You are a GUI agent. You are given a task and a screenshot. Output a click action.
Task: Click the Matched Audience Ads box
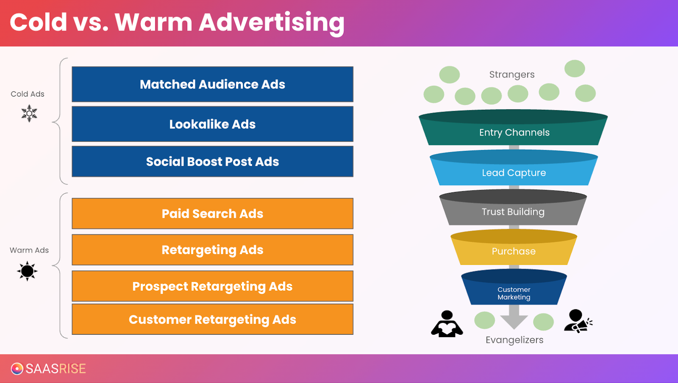click(x=212, y=84)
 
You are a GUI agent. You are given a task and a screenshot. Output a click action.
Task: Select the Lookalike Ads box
click(x=212, y=124)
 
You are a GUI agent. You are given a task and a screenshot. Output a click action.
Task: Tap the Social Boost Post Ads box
click(x=212, y=161)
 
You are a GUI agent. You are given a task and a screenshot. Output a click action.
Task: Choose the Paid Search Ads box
click(x=212, y=214)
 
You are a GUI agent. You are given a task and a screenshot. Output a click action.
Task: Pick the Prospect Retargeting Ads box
click(x=212, y=286)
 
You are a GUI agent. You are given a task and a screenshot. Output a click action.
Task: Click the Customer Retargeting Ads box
click(x=212, y=319)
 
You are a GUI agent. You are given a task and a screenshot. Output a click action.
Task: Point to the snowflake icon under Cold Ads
click(x=29, y=114)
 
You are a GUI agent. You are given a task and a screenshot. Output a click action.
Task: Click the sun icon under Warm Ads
click(x=28, y=271)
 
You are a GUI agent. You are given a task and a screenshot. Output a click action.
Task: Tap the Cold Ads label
click(x=28, y=94)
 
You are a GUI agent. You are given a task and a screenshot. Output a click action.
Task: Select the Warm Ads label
click(x=29, y=250)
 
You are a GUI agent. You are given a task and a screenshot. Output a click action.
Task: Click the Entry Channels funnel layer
click(x=514, y=132)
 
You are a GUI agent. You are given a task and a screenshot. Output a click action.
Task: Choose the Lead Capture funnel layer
click(x=514, y=172)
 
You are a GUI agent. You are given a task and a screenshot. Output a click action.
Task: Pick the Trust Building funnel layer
click(x=513, y=212)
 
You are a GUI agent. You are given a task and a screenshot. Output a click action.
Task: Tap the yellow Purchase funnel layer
click(x=514, y=251)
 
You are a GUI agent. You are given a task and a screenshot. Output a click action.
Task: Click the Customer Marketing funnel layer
click(x=514, y=293)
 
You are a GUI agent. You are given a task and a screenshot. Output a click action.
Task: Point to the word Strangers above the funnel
click(x=512, y=75)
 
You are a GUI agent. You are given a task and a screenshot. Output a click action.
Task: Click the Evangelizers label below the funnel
click(x=514, y=340)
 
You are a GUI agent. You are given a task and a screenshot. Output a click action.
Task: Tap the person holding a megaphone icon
click(x=578, y=321)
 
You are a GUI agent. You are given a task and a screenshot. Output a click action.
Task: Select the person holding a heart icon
click(x=447, y=324)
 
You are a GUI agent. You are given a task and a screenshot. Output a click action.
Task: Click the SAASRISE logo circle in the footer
click(x=17, y=369)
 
